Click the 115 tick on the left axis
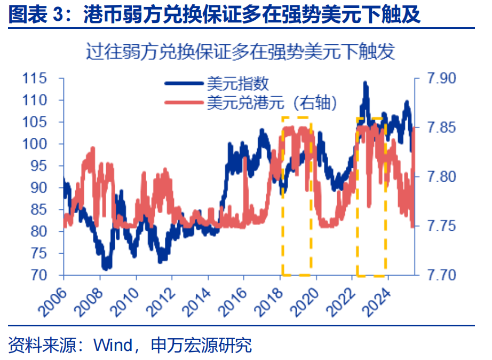[x=36, y=79]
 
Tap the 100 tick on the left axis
[x=36, y=144]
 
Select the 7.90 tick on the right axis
[x=442, y=79]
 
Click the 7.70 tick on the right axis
[x=442, y=275]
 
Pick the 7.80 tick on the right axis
[x=442, y=177]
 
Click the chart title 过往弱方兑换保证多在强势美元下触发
[x=240, y=52]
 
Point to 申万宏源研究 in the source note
[x=201, y=345]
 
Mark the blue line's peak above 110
[x=365, y=83]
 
